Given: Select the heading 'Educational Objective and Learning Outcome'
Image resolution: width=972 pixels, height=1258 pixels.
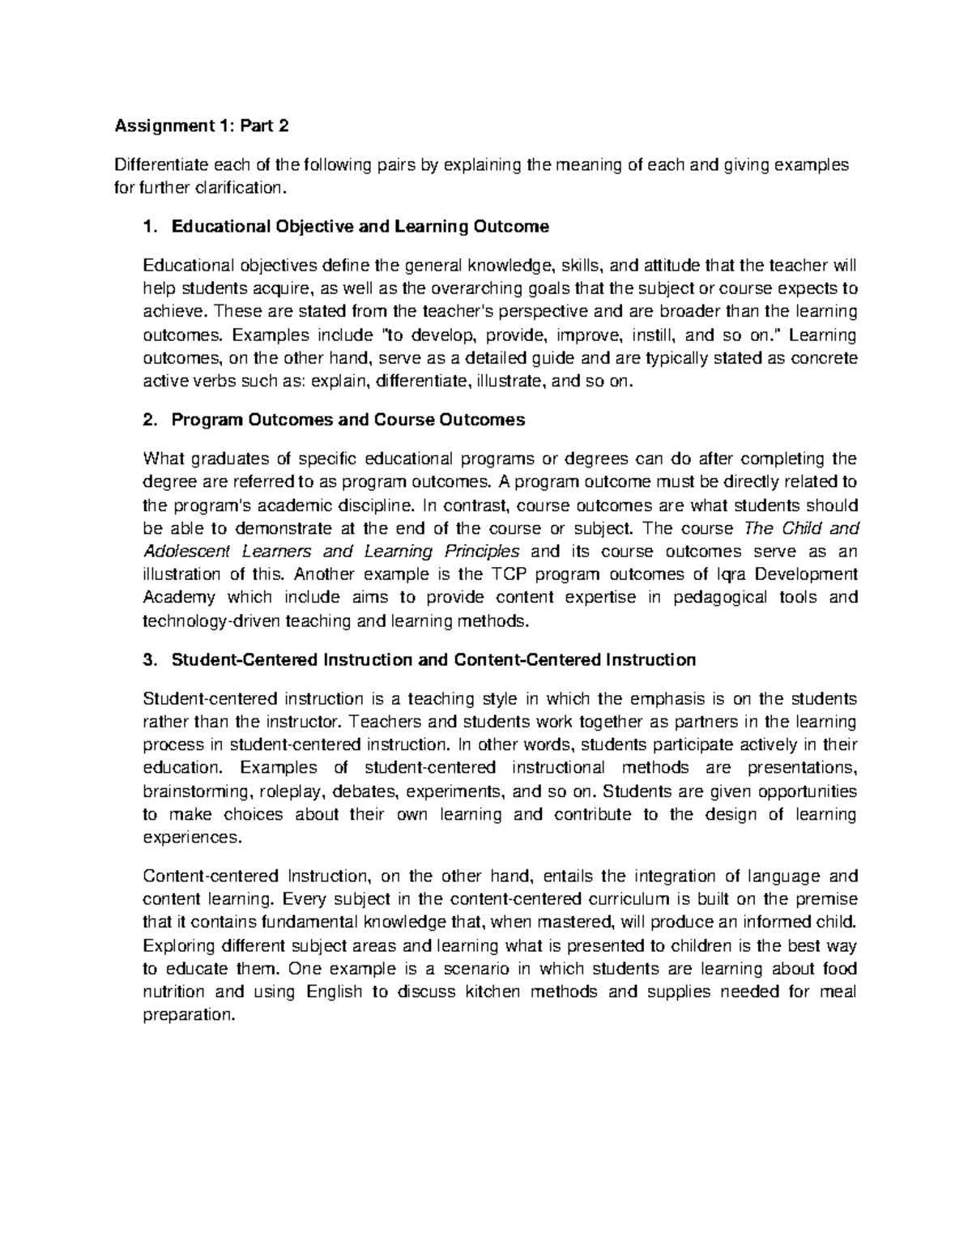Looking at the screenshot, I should point(360,227).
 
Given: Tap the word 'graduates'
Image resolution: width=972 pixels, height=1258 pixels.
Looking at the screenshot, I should point(224,459).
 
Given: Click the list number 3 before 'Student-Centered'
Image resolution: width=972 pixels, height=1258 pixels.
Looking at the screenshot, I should point(147,660).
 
